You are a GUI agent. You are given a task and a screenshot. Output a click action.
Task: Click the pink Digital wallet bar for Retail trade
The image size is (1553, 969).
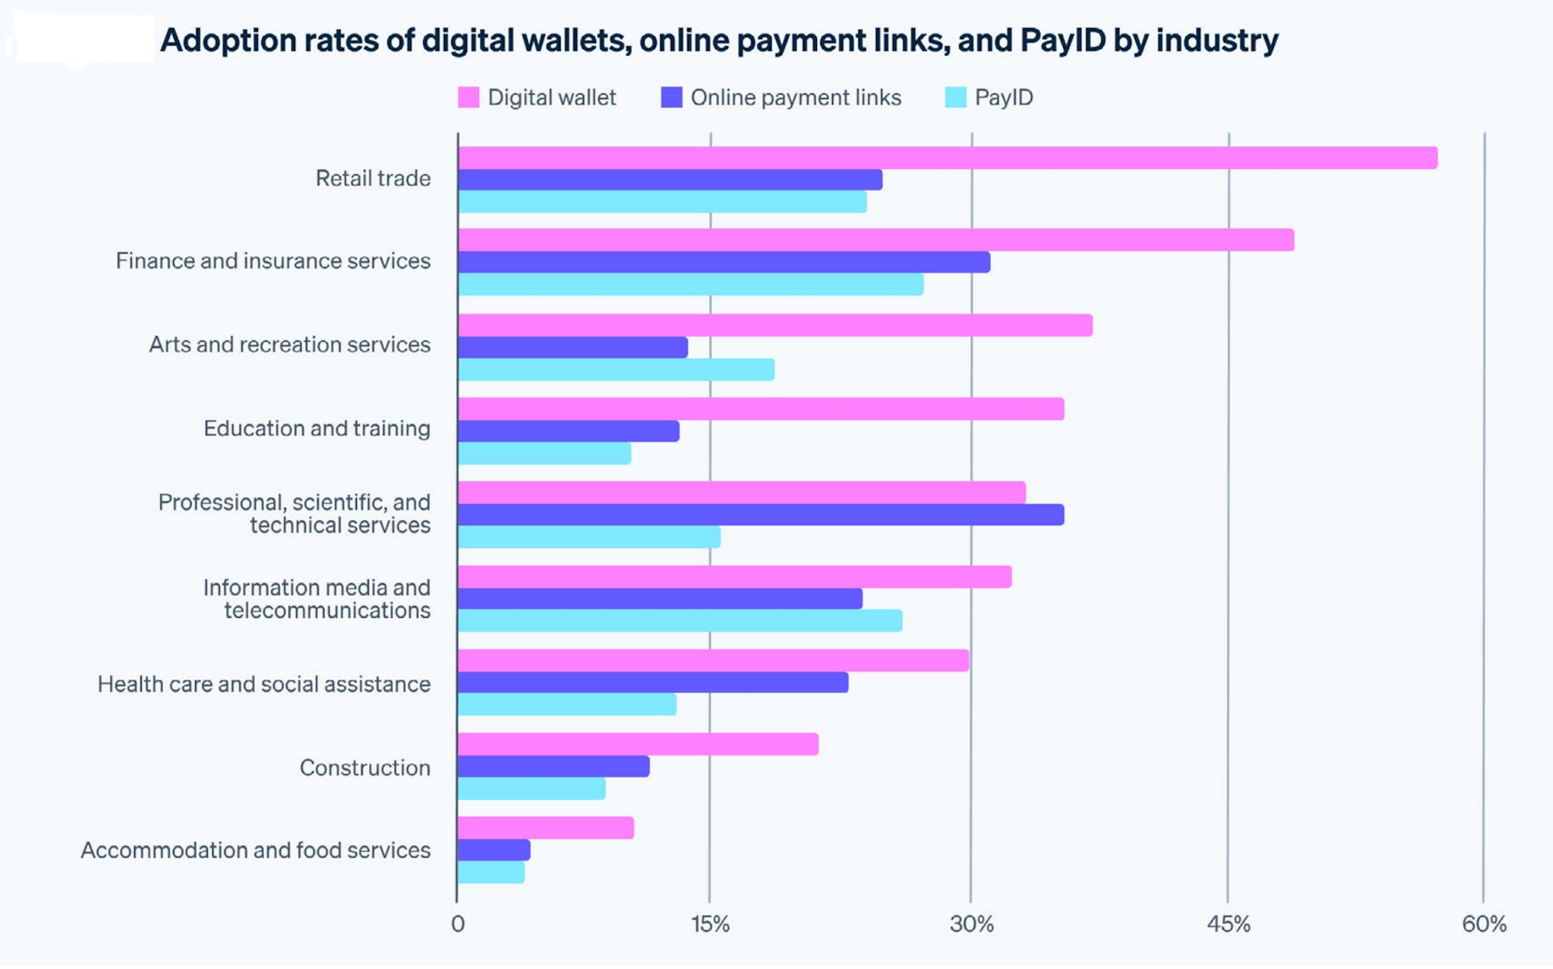(946, 158)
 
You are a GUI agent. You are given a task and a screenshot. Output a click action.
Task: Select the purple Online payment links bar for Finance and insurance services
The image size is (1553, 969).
(723, 262)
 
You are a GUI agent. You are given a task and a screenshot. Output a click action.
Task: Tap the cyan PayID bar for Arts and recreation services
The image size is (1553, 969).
(616, 370)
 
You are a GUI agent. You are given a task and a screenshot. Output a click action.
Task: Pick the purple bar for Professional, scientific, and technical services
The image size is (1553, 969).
(760, 515)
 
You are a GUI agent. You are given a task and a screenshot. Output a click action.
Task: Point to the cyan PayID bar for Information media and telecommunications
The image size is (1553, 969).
(679, 620)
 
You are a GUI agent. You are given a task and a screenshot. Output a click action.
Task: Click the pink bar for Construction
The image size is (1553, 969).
(637, 744)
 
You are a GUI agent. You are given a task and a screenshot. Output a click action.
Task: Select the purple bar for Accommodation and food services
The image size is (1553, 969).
(493, 850)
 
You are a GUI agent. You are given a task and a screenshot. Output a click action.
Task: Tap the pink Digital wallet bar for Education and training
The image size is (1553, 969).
(760, 409)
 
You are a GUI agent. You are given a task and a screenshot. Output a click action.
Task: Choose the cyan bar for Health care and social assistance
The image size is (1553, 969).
(566, 705)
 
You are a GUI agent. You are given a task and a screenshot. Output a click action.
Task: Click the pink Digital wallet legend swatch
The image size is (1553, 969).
(468, 98)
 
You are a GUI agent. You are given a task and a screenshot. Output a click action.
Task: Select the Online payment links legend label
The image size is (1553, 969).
(795, 98)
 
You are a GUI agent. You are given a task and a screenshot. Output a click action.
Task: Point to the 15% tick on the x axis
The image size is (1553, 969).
(710, 924)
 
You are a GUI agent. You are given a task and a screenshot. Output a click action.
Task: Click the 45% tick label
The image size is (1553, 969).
(1228, 924)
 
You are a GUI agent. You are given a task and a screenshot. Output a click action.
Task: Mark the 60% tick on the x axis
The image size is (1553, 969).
(1483, 924)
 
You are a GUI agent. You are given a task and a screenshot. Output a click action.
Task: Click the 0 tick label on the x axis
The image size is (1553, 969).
(458, 924)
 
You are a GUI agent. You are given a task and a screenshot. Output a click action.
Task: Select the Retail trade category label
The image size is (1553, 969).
(373, 178)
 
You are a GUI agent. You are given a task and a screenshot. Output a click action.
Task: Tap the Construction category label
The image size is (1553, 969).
(365, 768)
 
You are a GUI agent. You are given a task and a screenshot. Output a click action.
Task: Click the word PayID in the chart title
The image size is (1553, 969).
(1062, 40)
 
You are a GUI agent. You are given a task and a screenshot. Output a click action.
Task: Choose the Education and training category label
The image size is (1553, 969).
(316, 428)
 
